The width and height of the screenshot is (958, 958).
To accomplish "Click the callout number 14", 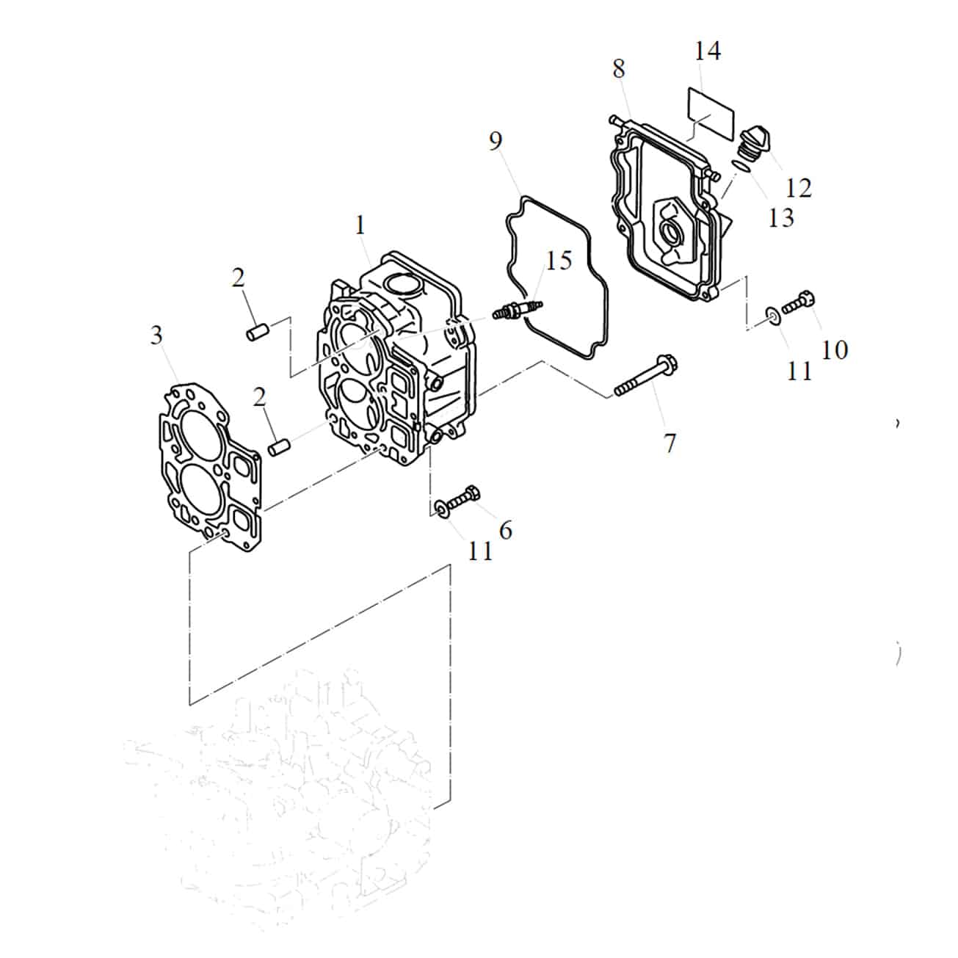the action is (707, 51).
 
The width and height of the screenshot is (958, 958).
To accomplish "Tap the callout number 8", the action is (618, 68).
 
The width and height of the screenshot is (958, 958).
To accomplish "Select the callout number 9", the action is (496, 141).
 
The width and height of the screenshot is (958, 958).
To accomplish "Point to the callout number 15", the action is (559, 261).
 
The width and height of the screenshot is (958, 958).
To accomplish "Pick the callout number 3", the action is (156, 335).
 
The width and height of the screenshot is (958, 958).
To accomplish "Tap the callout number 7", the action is (669, 443).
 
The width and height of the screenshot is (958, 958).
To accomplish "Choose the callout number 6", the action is (505, 531).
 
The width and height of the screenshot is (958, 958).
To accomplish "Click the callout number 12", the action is (799, 188).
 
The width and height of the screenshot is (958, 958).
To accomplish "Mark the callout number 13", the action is (781, 218).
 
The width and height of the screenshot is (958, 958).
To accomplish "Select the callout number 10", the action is (834, 350).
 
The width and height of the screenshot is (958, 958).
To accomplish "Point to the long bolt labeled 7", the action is (647, 377).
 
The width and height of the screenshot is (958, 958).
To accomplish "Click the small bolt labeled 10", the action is (799, 303).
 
